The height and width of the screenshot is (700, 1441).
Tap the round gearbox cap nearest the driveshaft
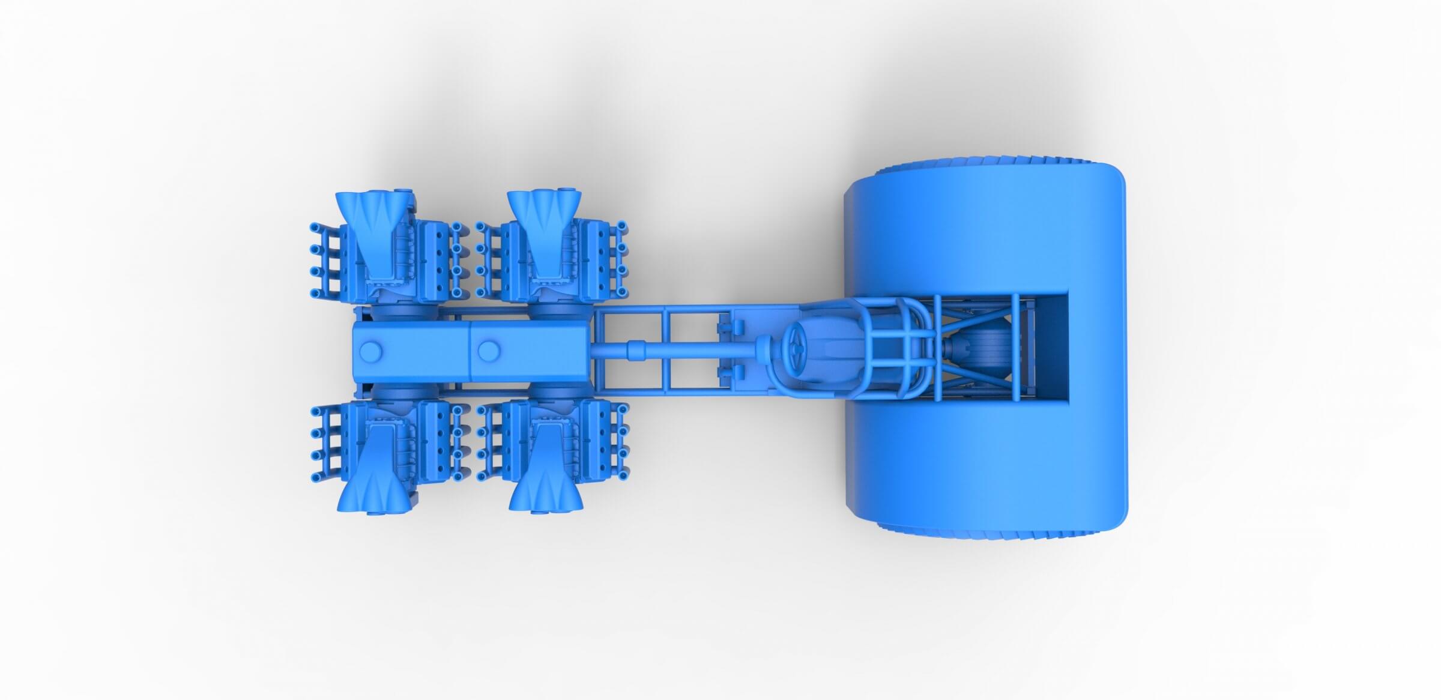pos(489,348)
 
